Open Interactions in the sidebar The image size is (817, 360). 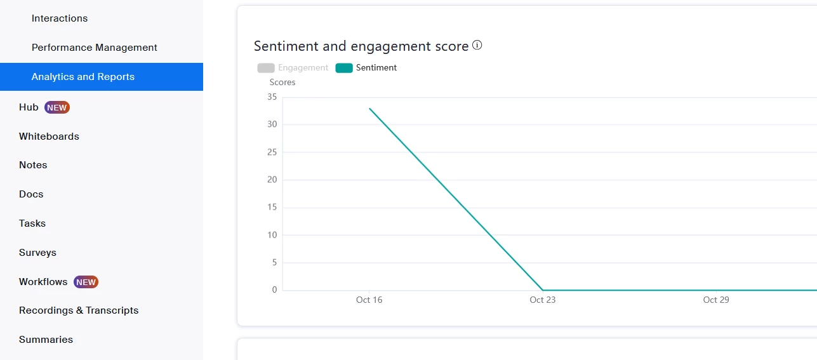[x=60, y=18]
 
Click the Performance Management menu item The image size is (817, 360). [x=95, y=48]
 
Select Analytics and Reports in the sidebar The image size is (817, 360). [x=83, y=77]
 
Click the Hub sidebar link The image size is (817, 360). [x=29, y=107]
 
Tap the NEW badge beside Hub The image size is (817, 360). [x=56, y=107]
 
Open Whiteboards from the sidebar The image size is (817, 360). [x=49, y=137]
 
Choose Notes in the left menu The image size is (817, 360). [x=33, y=165]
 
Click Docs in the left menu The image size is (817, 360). [x=31, y=194]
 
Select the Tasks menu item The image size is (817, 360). [x=32, y=223]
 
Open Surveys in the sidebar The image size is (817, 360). [x=37, y=253]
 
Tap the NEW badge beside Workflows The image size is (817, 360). [x=86, y=282]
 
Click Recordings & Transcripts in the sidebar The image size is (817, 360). [x=79, y=310]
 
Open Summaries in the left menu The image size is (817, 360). [x=46, y=340]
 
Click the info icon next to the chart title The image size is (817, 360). [x=477, y=45]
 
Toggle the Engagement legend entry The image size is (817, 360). [x=293, y=68]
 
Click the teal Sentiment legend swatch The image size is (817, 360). [x=344, y=68]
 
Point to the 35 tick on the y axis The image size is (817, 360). [x=272, y=97]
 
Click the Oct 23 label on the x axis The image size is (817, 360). [x=542, y=300]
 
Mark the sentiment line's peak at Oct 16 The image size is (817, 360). [x=369, y=108]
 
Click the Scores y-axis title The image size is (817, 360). [x=282, y=82]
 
